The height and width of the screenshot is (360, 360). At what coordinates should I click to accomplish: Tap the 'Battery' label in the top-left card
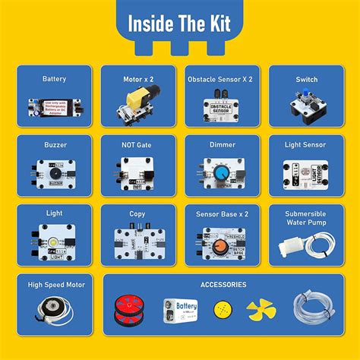tap(54, 78)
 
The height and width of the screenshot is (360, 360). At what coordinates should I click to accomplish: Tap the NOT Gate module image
tap(138, 172)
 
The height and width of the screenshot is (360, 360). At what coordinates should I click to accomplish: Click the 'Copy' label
tap(138, 214)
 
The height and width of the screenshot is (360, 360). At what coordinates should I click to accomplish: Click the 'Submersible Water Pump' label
tap(306, 218)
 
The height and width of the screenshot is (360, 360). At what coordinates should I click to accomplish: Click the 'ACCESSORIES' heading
tap(223, 285)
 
